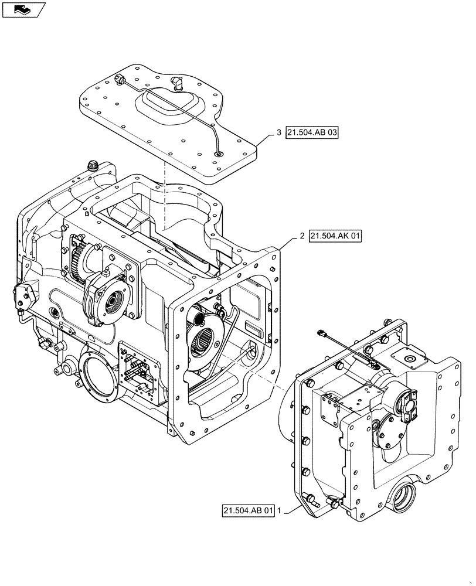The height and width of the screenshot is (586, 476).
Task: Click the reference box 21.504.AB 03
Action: click(x=312, y=134)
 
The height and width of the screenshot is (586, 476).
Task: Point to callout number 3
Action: click(x=278, y=134)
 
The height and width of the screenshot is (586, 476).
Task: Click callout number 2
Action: click(x=301, y=236)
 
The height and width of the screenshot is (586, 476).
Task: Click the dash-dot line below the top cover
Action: click(x=166, y=193)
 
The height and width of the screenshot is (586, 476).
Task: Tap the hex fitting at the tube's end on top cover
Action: click(x=121, y=79)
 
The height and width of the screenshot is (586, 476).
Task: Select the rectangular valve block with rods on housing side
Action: click(x=139, y=370)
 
